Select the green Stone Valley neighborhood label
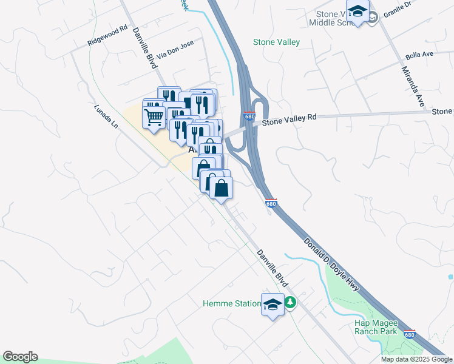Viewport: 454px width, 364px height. [276, 42]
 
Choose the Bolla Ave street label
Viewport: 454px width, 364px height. [419, 54]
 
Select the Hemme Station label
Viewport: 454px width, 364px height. [231, 303]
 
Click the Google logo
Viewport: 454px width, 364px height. [20, 357]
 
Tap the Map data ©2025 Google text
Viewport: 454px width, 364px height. [417, 359]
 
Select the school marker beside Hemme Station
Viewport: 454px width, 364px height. [273, 303]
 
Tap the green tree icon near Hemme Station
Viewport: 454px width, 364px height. [291, 302]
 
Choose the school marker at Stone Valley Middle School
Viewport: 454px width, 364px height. [358, 12]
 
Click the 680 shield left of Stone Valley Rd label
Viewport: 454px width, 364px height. [249, 115]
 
